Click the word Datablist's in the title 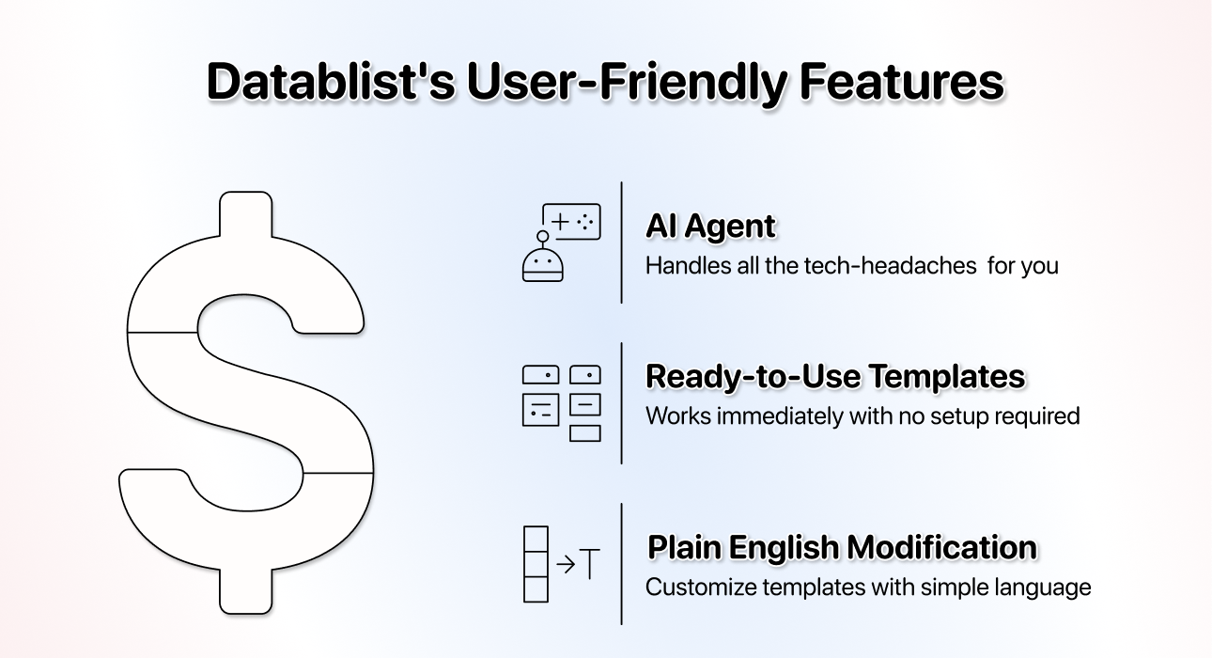point(330,81)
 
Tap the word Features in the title point(902,81)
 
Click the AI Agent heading point(711,227)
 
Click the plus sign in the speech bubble point(561,222)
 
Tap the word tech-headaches point(890,266)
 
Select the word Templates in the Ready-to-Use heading point(948,377)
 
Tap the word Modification point(942,547)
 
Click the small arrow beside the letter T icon point(566,565)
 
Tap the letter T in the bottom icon point(590,564)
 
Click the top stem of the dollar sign point(245,214)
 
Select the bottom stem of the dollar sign point(245,591)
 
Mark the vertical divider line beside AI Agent point(622,243)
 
